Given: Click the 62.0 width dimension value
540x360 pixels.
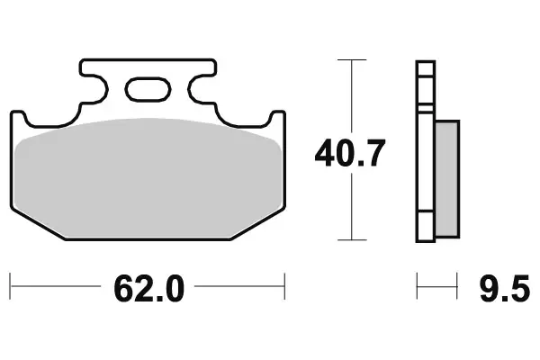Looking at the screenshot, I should pos(148,289).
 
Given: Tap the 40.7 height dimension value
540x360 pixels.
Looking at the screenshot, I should pos(350,154).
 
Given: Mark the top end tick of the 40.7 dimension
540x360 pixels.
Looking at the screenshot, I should pos(350,60).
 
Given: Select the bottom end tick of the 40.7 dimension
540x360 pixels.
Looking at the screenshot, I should pos(350,240).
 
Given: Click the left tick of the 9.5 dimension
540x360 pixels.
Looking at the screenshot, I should pos(417,289).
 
